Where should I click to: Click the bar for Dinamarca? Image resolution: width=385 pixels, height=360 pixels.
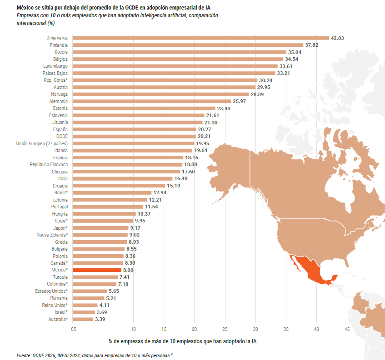[x=200, y=38]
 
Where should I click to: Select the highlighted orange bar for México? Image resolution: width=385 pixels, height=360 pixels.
[x=97, y=270]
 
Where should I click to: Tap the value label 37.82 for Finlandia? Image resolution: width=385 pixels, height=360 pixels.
[x=311, y=45]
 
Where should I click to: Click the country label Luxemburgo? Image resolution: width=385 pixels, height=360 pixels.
[x=55, y=66]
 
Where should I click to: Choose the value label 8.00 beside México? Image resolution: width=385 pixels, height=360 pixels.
[x=128, y=270]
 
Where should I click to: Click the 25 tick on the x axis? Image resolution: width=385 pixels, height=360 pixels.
[x=225, y=329]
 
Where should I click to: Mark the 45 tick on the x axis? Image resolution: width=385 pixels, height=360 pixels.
[x=347, y=329]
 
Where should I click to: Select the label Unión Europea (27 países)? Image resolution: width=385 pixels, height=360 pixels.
[x=42, y=143]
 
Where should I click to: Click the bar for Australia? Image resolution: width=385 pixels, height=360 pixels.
[x=83, y=319]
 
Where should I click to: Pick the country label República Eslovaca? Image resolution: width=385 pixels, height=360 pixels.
[x=49, y=164]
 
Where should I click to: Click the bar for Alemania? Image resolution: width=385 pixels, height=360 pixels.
[x=152, y=101]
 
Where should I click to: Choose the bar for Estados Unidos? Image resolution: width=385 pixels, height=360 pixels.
[x=90, y=291]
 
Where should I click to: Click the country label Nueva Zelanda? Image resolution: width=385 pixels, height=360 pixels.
[x=52, y=235]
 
